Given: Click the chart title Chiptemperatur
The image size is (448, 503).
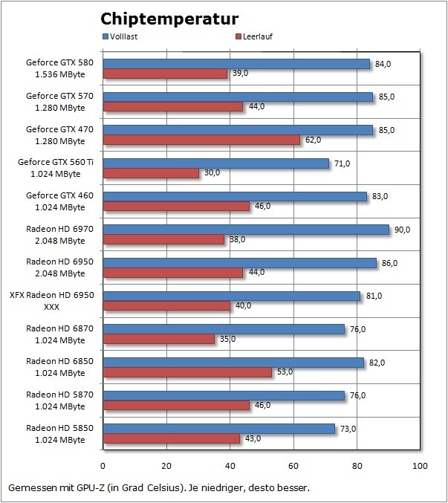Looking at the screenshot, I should [x=169, y=19].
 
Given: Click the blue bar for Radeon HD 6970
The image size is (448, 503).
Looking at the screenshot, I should [x=245, y=230].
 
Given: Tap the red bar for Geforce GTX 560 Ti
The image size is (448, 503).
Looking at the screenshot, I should [x=151, y=173].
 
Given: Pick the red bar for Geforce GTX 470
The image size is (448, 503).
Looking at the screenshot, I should [x=201, y=140].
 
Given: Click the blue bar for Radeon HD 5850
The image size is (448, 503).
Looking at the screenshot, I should [x=218, y=429].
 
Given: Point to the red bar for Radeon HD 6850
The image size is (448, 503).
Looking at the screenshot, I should [x=187, y=372].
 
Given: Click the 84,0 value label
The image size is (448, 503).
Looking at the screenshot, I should [x=383, y=64].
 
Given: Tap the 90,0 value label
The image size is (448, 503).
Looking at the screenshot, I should [x=403, y=230].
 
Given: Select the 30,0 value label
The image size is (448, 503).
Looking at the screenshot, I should [x=212, y=173].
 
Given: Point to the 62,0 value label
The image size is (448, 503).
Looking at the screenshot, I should [x=314, y=140].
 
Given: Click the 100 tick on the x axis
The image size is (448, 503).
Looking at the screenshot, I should [x=420, y=466].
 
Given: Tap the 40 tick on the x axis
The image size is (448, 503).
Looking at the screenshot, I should [x=230, y=466].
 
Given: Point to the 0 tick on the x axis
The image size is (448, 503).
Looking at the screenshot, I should [x=103, y=466].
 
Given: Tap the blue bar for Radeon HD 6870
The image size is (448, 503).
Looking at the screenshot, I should [x=223, y=329].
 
